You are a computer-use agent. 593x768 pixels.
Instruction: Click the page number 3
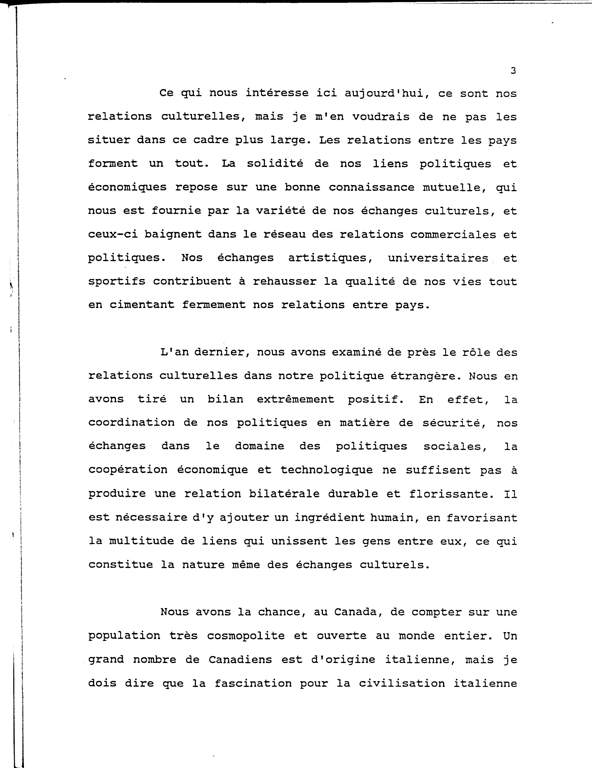[513, 71]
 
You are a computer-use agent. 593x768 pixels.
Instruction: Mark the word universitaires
[438, 258]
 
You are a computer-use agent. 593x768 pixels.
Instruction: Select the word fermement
[214, 305]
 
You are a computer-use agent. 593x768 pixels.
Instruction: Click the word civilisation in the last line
[402, 683]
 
